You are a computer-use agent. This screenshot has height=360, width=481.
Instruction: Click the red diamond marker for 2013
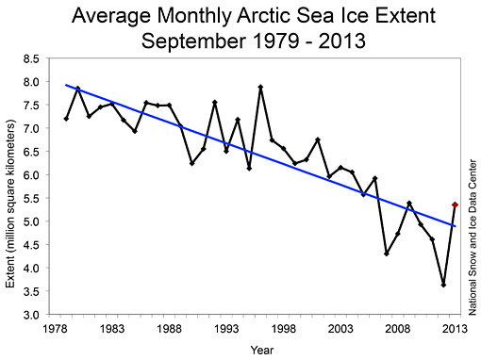[x=456, y=205]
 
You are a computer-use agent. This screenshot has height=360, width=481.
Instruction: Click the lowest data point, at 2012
[x=444, y=285]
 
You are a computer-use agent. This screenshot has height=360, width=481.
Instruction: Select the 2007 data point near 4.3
[x=387, y=254]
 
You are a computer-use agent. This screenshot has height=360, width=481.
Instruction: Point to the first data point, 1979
[x=65, y=119]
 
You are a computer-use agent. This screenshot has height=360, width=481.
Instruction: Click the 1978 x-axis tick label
[x=54, y=328]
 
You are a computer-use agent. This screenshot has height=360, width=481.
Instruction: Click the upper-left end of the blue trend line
[x=66, y=85]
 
